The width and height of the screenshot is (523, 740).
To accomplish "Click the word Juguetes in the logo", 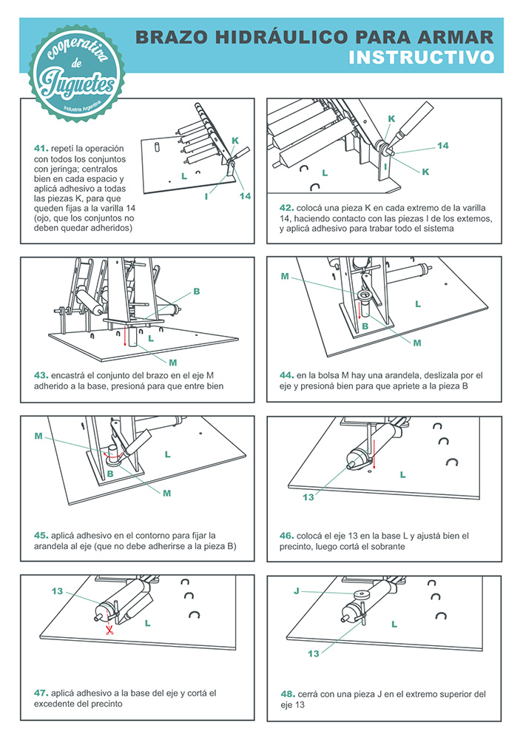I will [77, 83].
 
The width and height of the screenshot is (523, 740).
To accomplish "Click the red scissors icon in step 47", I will [109, 629].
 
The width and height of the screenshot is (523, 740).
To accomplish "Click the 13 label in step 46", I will [309, 497].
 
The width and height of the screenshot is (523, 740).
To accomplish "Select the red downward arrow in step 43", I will [124, 337].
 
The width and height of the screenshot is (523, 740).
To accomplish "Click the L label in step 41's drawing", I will [183, 177].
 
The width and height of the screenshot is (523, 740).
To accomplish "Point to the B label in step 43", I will [197, 292].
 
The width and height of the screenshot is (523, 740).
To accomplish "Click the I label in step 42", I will [385, 167].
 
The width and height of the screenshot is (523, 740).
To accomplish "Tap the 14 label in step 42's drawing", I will [442, 147].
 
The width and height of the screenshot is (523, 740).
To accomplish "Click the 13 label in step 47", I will [58, 591].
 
